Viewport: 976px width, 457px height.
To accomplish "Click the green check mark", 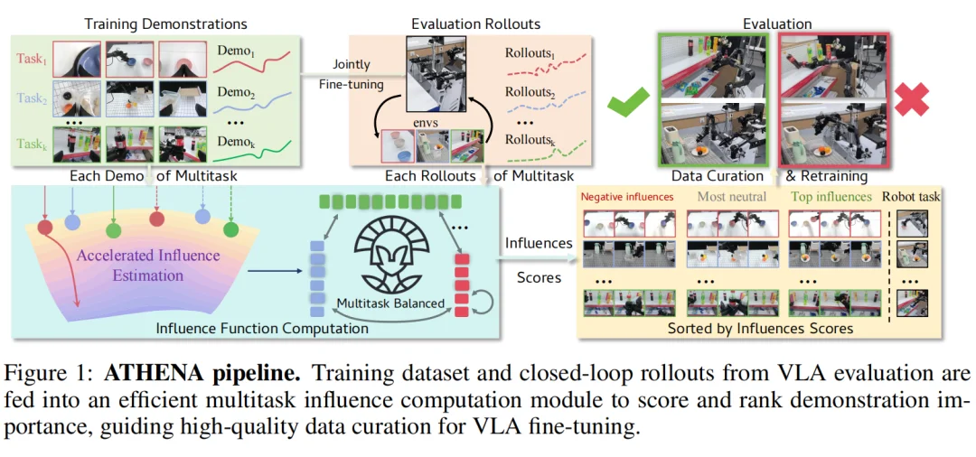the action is (628, 101).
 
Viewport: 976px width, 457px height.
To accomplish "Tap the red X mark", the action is (912, 99).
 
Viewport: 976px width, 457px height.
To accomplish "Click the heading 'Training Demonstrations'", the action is (165, 24).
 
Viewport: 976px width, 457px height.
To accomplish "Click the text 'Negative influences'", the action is (627, 197).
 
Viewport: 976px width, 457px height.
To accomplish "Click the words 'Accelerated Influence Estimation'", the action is (149, 265).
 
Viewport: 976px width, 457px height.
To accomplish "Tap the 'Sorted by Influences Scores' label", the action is (759, 327).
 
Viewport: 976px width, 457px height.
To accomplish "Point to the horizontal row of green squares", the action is (391, 201).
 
